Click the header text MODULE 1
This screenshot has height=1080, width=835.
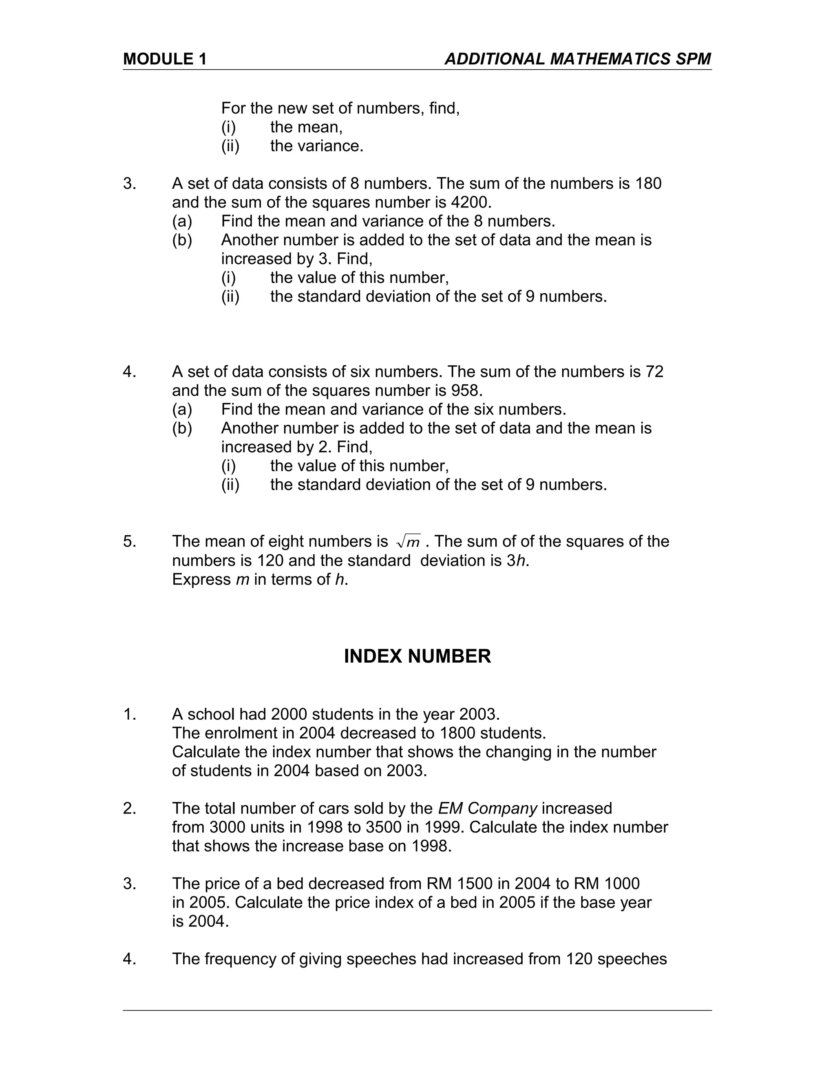165,60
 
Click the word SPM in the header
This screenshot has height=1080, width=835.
693,60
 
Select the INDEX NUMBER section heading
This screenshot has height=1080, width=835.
417,657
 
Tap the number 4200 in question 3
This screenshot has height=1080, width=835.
471,202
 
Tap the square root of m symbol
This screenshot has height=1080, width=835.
408,542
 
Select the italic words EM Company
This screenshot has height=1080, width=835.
487,808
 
